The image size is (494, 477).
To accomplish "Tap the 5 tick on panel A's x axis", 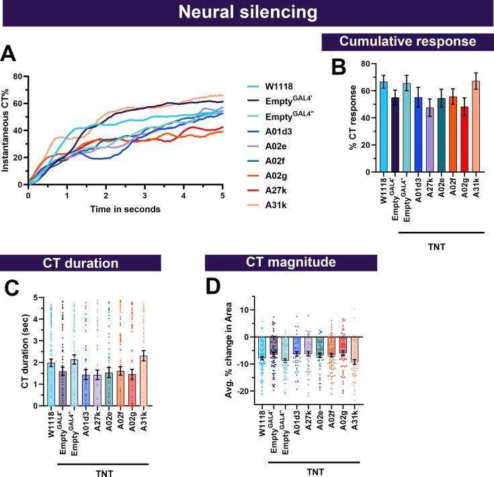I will [222, 196].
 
